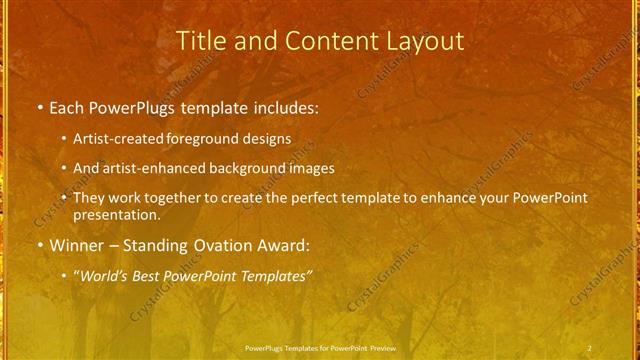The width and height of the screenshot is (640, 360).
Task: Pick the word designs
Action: point(268,139)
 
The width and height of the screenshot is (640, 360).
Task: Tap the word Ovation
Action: point(221,245)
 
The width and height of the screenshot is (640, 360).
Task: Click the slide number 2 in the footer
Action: point(590,348)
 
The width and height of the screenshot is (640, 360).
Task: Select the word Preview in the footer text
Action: point(381,348)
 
